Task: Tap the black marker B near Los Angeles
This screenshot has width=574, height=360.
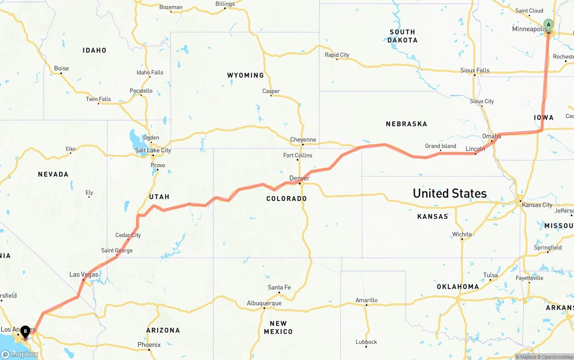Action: [x=26, y=332]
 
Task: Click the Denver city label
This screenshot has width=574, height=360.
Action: [x=300, y=178]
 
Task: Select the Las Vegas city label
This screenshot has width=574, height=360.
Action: [x=84, y=274]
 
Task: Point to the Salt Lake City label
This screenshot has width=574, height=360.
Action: [x=153, y=150]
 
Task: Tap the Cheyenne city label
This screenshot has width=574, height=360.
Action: [x=303, y=139]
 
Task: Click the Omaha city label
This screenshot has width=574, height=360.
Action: [x=491, y=136]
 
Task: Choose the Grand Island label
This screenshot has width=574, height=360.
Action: [x=440, y=146]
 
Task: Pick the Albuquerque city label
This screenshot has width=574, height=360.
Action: [x=264, y=303]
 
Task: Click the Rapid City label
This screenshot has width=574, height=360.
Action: [x=337, y=55]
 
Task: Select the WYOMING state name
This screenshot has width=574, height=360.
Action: [x=245, y=75]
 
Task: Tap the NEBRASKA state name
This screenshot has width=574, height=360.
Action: [x=406, y=124]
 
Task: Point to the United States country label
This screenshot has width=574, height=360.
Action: [x=449, y=193]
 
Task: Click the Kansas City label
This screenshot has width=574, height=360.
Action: [x=537, y=205]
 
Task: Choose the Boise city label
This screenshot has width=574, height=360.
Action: [x=61, y=68]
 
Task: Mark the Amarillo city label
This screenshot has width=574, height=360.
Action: [x=366, y=300]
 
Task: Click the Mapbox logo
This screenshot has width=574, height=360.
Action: [x=20, y=354]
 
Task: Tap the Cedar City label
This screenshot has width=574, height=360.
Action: [x=128, y=235]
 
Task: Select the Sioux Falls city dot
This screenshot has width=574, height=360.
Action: [x=474, y=75]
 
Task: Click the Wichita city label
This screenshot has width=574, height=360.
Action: [x=462, y=234]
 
